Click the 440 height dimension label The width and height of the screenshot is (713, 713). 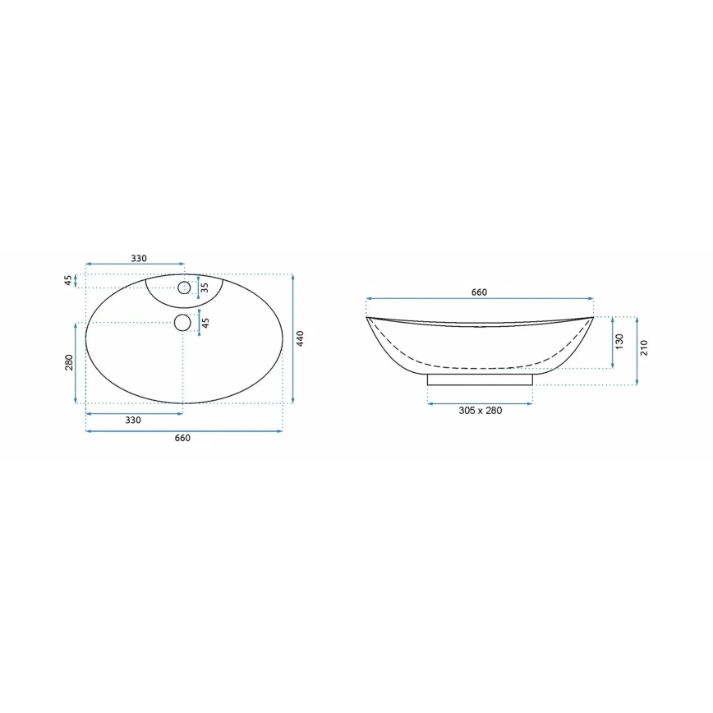click(x=301, y=338)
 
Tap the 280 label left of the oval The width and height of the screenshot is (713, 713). click(x=69, y=362)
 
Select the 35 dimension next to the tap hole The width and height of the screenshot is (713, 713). click(x=205, y=287)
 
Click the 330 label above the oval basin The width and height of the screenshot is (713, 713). click(x=139, y=259)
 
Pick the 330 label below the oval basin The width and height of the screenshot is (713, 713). click(x=133, y=420)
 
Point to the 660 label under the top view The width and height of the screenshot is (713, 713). click(x=182, y=439)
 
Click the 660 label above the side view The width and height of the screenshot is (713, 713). click(x=479, y=292)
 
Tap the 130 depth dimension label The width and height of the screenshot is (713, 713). click(x=620, y=341)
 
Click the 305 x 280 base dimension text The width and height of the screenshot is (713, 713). click(x=480, y=411)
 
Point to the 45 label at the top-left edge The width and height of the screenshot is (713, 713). click(x=69, y=280)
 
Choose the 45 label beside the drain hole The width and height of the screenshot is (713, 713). click(x=206, y=322)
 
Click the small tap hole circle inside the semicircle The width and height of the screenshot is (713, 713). click(x=184, y=287)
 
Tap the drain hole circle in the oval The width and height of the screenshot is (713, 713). click(x=182, y=323)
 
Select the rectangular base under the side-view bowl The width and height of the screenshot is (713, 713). click(x=480, y=379)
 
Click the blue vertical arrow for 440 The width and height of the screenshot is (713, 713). click(x=293, y=338)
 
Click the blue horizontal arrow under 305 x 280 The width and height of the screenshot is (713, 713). click(x=480, y=401)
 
